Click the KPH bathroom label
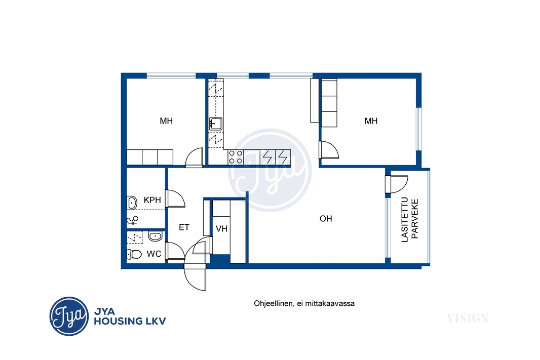pyautogui.click(x=152, y=200)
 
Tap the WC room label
pyautogui.click(x=153, y=254)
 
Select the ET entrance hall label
pyautogui.click(x=184, y=227)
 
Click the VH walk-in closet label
pyautogui.click(x=221, y=228)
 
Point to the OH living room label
pyautogui.click(x=326, y=219)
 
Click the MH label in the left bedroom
pyautogui.click(x=166, y=121)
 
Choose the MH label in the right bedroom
pyautogui.click(x=371, y=121)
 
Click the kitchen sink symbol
pyautogui.click(x=216, y=124)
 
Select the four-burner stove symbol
pyautogui.click(x=236, y=157)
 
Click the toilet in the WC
pyautogui.click(x=134, y=254)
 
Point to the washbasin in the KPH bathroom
pyautogui.click(x=132, y=203)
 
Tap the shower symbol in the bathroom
pyautogui.click(x=133, y=221)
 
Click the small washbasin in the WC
pyautogui.click(x=156, y=236)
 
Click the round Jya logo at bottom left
pyautogui.click(x=69, y=316)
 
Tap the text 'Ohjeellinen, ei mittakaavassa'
pyautogui.click(x=304, y=304)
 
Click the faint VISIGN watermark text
pyautogui.click(x=468, y=318)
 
